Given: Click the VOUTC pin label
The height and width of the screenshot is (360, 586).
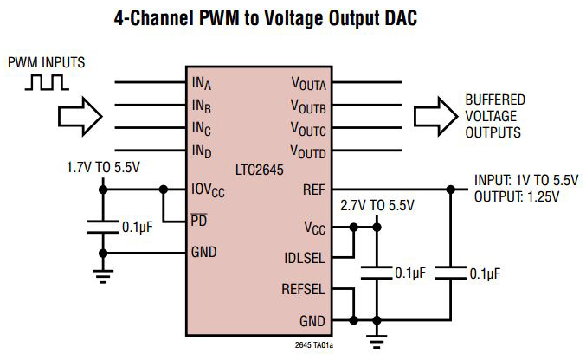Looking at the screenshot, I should click(x=308, y=131).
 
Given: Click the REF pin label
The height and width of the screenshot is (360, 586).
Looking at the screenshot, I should click(x=314, y=189).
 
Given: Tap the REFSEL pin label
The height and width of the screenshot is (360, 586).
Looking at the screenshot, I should click(x=304, y=289).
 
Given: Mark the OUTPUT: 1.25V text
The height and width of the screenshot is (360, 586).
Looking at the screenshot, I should click(x=517, y=196).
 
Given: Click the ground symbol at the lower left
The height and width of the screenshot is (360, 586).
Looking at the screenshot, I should click(x=103, y=277).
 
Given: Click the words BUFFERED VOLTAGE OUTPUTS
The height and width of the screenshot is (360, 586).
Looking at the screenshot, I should click(x=494, y=116).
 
